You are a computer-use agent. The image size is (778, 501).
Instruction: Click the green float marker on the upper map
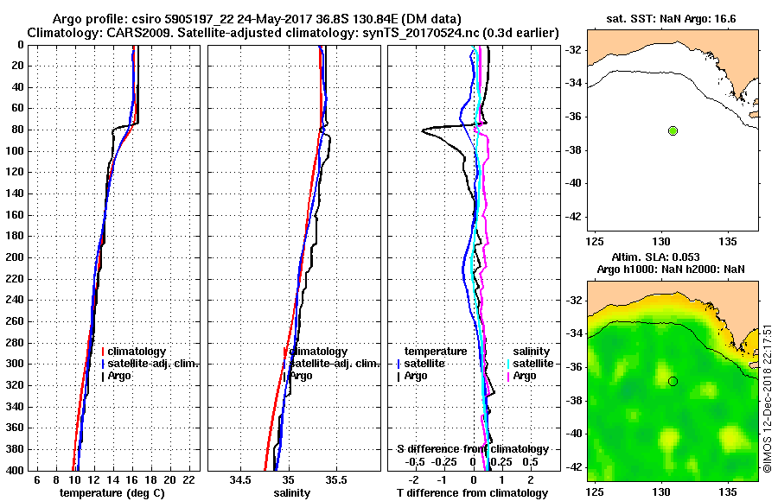[673, 130]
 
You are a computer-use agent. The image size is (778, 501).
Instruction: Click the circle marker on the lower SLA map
[673, 381]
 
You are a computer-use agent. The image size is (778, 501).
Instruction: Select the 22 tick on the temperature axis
[189, 479]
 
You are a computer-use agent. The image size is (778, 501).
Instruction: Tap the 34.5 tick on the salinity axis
[241, 479]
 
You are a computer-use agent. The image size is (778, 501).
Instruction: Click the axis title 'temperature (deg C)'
[112, 492]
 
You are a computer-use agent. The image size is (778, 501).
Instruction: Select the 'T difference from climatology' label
[473, 492]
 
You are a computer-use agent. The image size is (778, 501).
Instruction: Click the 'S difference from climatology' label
[473, 449]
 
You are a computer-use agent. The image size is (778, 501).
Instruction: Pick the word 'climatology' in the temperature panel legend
[137, 352]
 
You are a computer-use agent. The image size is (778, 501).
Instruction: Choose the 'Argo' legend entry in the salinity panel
[302, 376]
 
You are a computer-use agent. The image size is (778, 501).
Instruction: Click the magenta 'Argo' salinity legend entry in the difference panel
[525, 376]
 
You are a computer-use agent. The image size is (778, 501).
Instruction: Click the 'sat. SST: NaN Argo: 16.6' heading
[673, 19]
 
